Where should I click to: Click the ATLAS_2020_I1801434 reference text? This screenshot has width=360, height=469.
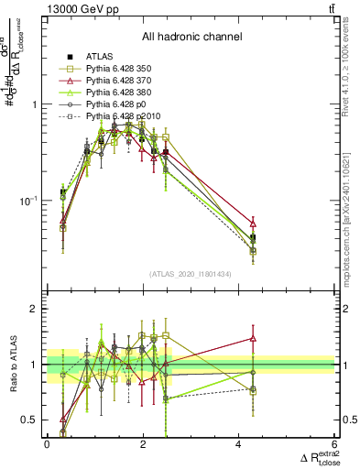click(x=191, y=274)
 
